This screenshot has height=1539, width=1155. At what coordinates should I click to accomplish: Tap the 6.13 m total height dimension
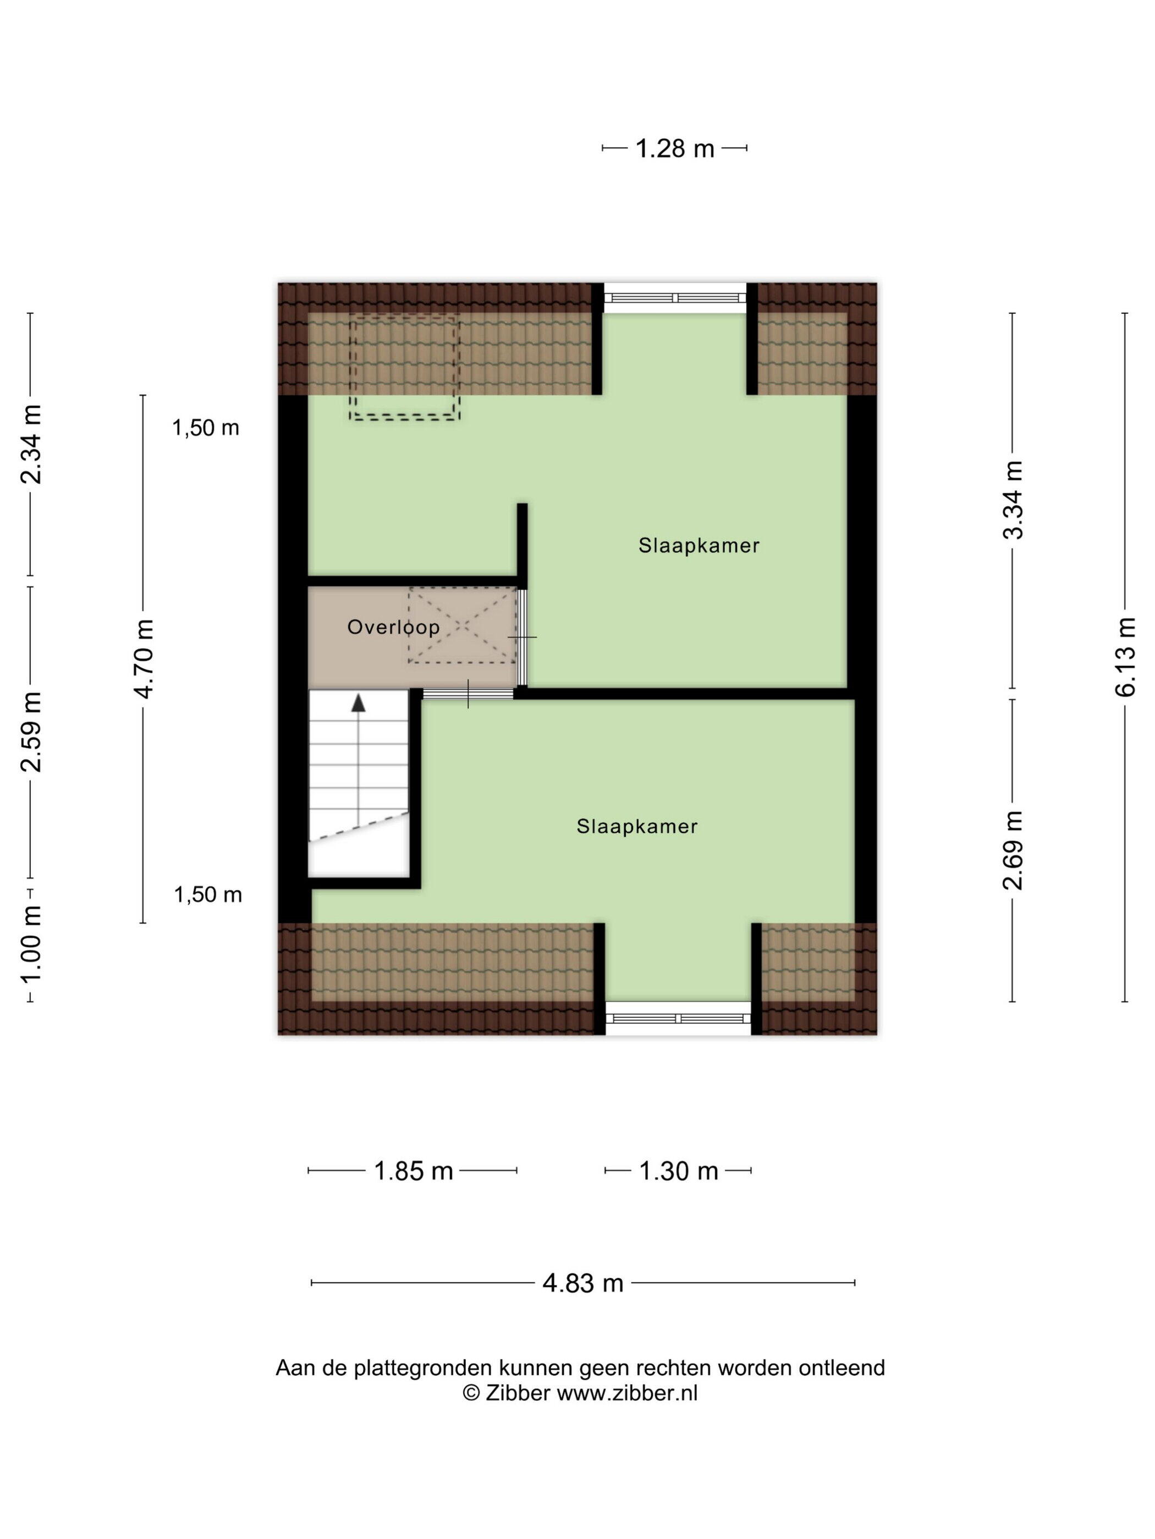pos(1125,656)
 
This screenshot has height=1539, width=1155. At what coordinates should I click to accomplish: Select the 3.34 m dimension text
pos(1013,500)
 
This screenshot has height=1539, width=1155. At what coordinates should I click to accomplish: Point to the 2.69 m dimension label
pos(1013,850)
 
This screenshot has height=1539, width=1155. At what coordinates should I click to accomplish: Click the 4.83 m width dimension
pos(582,1282)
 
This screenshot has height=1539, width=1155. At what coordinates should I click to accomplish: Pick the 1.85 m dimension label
pos(413,1170)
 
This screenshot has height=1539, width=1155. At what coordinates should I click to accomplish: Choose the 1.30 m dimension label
pos(678,1170)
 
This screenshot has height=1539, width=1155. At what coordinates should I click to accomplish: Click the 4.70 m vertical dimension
pos(144,658)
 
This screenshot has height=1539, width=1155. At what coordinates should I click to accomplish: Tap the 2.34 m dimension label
pos(31,444)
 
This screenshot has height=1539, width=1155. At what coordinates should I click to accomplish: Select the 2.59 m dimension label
pos(31,732)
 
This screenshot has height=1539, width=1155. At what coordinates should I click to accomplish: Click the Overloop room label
pos(393,627)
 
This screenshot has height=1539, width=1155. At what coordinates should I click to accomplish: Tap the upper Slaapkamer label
pos(698,545)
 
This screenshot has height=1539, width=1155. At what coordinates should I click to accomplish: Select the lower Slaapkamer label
pos(636,826)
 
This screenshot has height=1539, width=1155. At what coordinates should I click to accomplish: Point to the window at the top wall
pos(675,298)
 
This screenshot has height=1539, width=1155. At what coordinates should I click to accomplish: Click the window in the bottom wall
pos(678,1018)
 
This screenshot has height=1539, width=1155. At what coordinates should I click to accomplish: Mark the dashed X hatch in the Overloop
pos(463,625)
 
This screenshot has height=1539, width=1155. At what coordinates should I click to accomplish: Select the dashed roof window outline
pos(404,367)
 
